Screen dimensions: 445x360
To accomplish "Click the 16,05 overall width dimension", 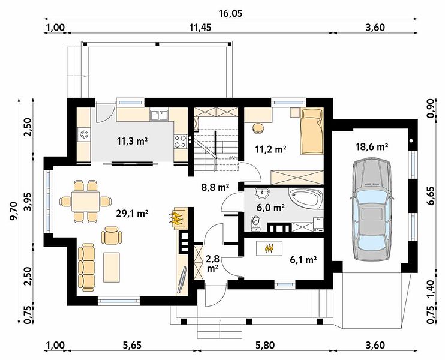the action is point(231,13).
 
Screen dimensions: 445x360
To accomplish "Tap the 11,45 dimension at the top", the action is point(200,28).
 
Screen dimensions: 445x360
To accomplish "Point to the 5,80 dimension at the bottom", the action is point(266,345).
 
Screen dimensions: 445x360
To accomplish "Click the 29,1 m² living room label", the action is point(133,214).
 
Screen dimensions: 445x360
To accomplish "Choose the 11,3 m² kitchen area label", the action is point(132,141).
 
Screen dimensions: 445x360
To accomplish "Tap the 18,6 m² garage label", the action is point(372,147).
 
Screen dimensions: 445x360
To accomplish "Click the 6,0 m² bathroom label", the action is point(270,208).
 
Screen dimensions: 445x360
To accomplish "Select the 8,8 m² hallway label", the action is point(215,187).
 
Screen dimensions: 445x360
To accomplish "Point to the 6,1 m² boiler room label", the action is point(303,259).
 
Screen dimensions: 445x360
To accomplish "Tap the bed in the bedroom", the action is point(312,131).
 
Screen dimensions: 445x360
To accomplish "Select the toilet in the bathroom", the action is point(255,223).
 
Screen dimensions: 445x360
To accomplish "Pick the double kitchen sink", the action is point(159,115).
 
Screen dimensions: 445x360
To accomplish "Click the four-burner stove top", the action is point(180,142).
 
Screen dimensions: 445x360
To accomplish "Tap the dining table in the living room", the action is point(85,201).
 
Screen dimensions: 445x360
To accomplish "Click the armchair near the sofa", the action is point(112,235).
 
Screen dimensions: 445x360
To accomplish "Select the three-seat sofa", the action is point(86,267).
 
